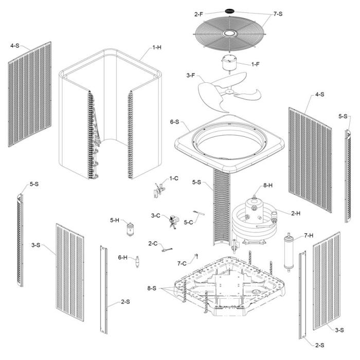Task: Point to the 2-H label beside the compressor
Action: (295, 212)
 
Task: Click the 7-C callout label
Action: (182, 263)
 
